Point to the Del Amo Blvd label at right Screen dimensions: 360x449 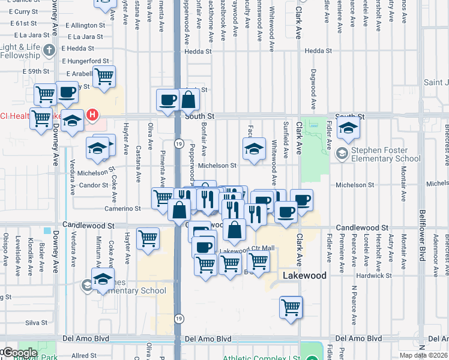pos(358,338)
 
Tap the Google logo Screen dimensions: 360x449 pos(20,353)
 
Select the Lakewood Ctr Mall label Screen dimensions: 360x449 pos(247,248)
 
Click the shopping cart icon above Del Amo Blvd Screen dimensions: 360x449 pos(291,307)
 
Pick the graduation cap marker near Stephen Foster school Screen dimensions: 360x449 pos(348,127)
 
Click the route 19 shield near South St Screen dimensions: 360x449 pos(179,143)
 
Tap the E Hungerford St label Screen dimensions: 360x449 pos(88,61)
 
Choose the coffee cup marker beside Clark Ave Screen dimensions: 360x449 pos(302,200)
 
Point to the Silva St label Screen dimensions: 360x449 pos(36,323)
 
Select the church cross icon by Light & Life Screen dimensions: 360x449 pos(50,50)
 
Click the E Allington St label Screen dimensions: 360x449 pos(85,25)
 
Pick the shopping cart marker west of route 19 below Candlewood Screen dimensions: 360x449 pos(148,239)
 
